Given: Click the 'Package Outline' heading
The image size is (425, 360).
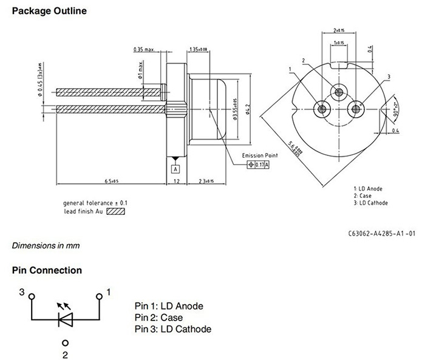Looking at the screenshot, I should pyautogui.click(x=49, y=11).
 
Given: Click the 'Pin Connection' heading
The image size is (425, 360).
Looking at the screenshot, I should pyautogui.click(x=47, y=270).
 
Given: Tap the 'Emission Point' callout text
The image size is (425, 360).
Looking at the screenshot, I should pyautogui.click(x=260, y=155).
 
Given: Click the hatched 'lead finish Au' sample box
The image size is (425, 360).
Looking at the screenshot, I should pyautogui.click(x=115, y=212).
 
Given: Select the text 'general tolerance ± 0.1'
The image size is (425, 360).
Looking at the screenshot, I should pyautogui.click(x=95, y=203).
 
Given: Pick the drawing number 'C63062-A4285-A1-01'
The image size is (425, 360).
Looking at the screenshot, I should pyautogui.click(x=382, y=233).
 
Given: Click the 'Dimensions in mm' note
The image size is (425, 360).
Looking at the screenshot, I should pyautogui.click(x=46, y=246).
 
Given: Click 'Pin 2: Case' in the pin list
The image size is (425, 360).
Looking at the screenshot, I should pyautogui.click(x=158, y=318).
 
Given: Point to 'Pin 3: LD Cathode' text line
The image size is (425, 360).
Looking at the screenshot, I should pyautogui.click(x=173, y=329).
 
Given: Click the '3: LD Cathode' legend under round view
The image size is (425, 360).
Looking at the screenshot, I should pyautogui.click(x=370, y=203).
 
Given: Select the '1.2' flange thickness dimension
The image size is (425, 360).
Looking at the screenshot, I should pyautogui.click(x=175, y=181).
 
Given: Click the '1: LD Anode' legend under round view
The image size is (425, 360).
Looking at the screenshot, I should pyautogui.click(x=368, y=188).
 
